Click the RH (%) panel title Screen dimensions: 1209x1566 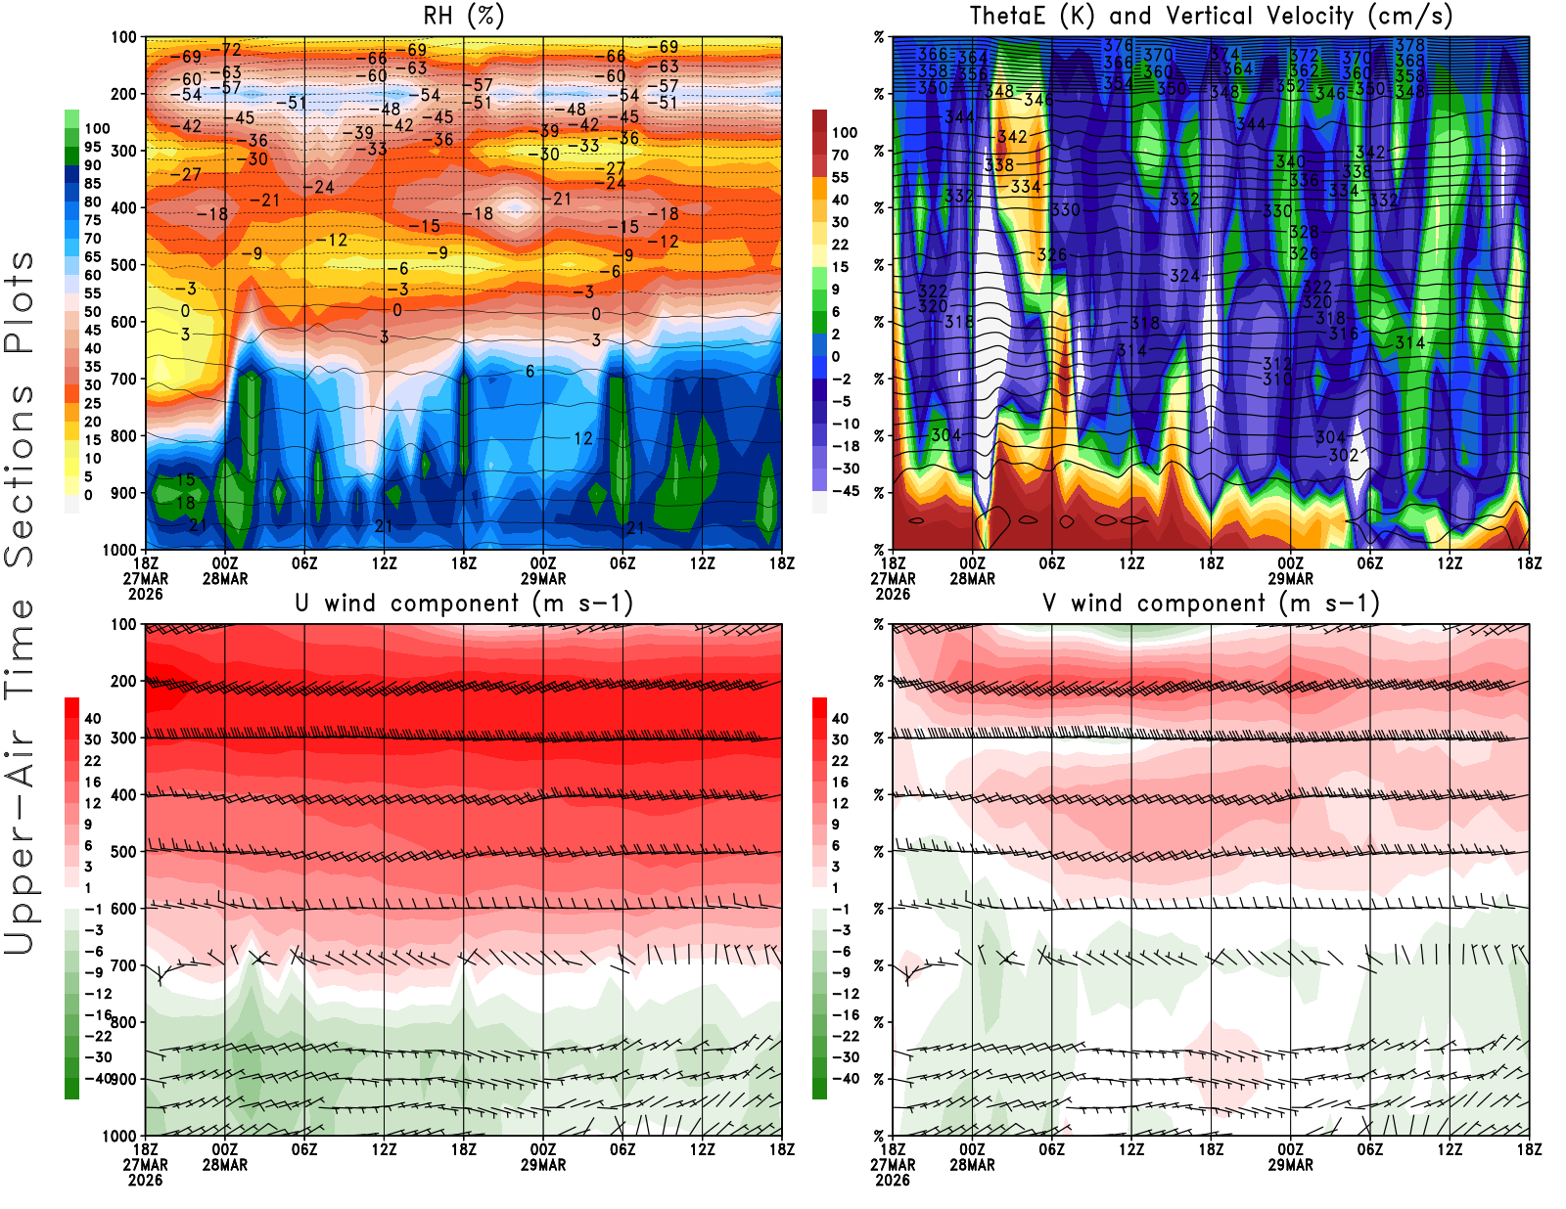(x=464, y=17)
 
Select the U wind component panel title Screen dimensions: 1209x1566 (x=464, y=604)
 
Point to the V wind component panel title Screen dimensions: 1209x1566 (x=1211, y=604)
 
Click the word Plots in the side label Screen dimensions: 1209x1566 (x=20, y=303)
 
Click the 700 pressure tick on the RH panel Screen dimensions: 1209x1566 (x=123, y=379)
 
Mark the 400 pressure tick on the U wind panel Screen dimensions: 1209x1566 (x=123, y=795)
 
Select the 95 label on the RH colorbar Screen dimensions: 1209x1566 (x=93, y=147)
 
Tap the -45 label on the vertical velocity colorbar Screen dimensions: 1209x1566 (x=846, y=491)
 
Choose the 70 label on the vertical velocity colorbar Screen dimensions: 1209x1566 (x=840, y=155)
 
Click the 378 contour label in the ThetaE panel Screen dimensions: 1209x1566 (x=1410, y=45)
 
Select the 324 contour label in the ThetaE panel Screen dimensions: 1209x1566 (x=1185, y=276)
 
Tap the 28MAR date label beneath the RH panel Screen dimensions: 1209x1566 (x=225, y=579)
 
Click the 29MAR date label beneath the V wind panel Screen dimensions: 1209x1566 (x=1291, y=1165)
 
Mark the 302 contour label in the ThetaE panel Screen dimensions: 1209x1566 (x=1344, y=455)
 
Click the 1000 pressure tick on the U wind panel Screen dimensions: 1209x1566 (x=120, y=1136)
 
